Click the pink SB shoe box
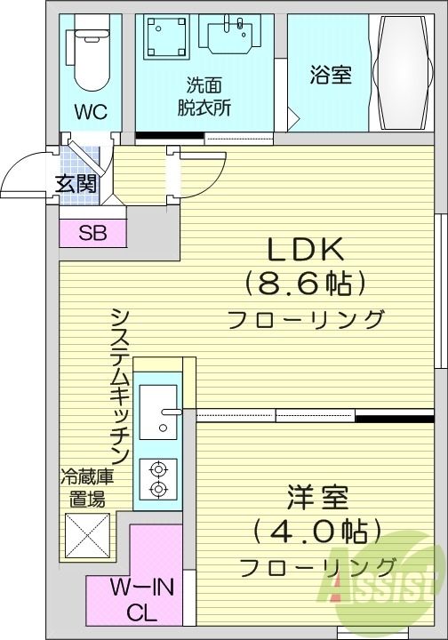(x=92, y=234)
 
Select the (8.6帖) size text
(x=305, y=284)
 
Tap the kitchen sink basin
(x=160, y=410)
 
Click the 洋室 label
(x=316, y=496)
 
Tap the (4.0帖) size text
(x=317, y=532)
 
